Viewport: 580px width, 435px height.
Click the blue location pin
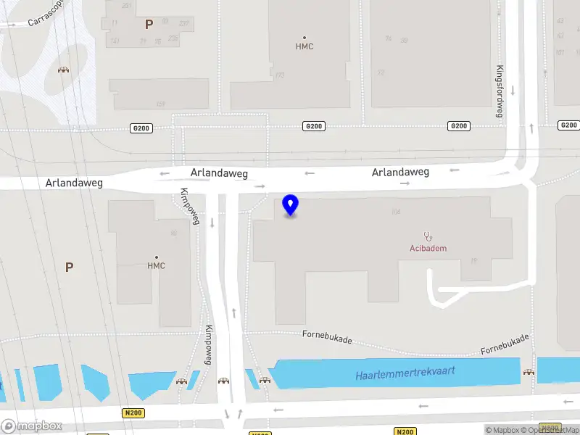[x=291, y=205]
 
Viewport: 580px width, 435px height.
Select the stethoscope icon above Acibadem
[x=428, y=236]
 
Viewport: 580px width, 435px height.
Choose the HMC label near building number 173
[x=304, y=46]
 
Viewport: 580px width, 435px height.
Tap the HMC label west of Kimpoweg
[x=157, y=265]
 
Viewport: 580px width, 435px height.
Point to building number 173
[x=279, y=75]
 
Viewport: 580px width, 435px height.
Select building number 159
[x=160, y=104]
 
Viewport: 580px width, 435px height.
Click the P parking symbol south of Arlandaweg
[x=70, y=267]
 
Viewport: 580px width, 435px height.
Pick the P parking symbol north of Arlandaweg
[x=149, y=24]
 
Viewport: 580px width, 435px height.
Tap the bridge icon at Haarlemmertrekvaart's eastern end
[x=529, y=373]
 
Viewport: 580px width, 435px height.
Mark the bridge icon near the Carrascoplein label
[x=63, y=70]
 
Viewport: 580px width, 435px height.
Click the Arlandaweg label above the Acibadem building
[x=400, y=173]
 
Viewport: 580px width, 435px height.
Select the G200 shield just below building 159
[x=141, y=128]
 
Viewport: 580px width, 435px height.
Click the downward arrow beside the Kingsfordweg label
[x=513, y=90]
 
